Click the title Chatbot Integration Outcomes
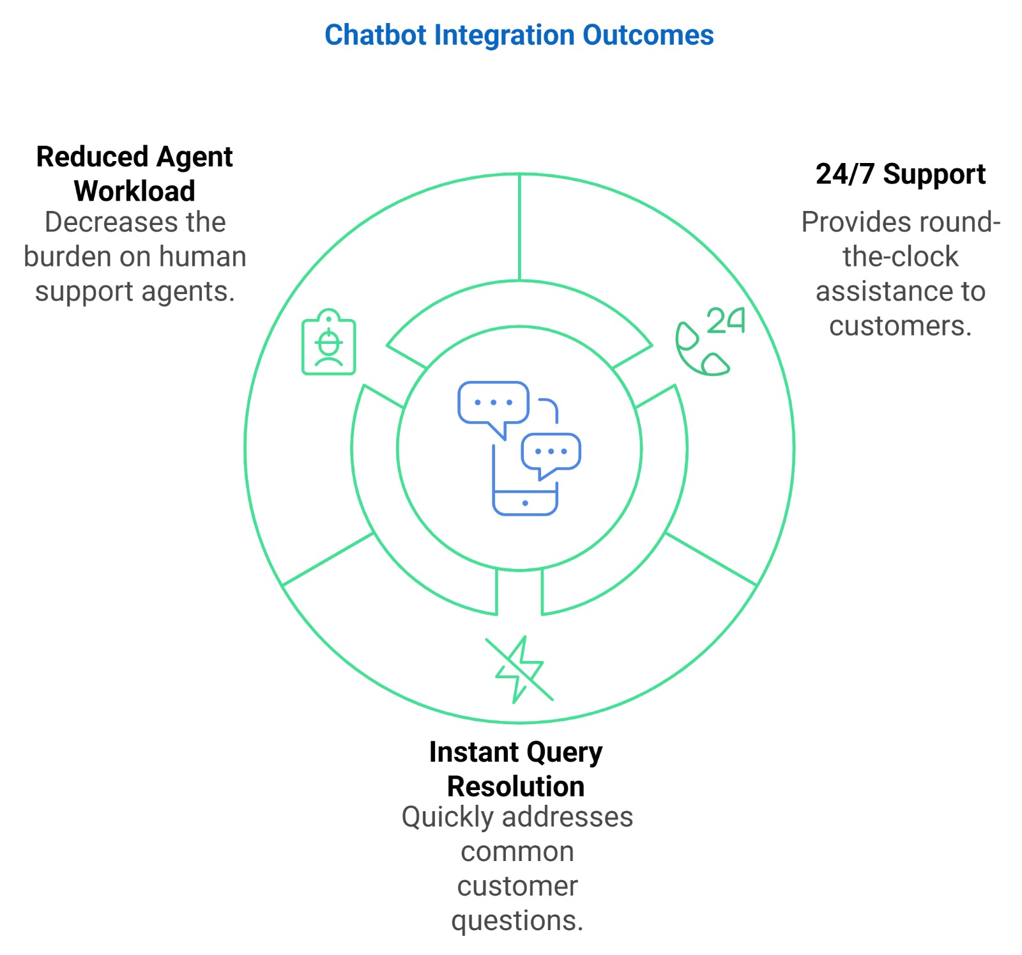click(519, 35)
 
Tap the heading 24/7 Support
click(900, 174)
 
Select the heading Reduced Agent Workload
click(134, 174)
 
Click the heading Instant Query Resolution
click(515, 769)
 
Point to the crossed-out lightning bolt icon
click(520, 670)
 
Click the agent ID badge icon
click(328, 343)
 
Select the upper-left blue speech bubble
click(493, 404)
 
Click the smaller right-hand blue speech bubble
click(551, 453)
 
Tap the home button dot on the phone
click(525, 503)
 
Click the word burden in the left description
click(68, 257)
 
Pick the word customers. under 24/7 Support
click(900, 326)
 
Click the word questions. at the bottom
click(517, 920)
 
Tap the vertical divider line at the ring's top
click(519, 227)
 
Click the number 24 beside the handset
click(726, 320)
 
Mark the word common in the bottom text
click(517, 851)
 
